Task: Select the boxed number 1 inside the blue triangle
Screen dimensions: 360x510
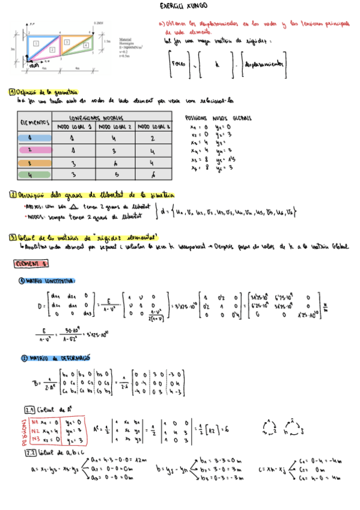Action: pyautogui.click(x=37, y=44)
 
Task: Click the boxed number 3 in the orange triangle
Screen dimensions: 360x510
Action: pyautogui.click(x=67, y=41)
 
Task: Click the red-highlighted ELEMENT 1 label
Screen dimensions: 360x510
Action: pyautogui.click(x=31, y=263)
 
